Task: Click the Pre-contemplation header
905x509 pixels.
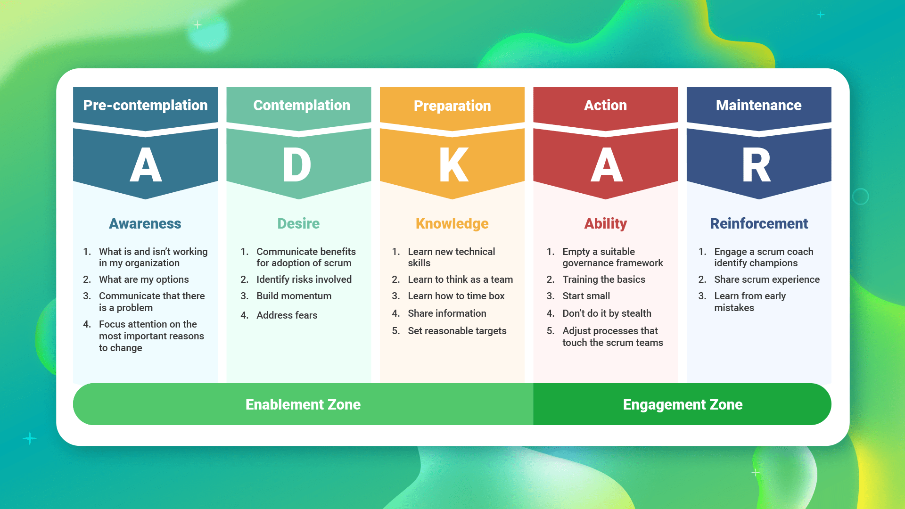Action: coord(145,105)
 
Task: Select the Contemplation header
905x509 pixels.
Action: coord(302,105)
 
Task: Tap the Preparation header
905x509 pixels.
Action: coord(452,106)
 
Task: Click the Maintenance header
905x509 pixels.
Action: coord(758,105)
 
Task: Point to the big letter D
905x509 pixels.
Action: coord(297,165)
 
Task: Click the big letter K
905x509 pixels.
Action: coord(453,165)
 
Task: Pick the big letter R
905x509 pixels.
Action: coord(757,165)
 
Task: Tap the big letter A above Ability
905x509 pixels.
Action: coord(607,165)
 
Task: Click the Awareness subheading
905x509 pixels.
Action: coord(145,223)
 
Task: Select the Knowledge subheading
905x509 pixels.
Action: coord(452,223)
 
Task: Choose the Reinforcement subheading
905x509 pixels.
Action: coord(759,223)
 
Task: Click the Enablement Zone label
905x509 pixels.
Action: coord(303,404)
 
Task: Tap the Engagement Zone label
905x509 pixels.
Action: coord(683,404)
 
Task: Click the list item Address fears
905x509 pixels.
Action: coord(287,315)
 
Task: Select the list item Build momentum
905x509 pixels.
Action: coord(294,296)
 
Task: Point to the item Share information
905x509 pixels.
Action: coord(447,313)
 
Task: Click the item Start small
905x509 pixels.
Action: coord(586,296)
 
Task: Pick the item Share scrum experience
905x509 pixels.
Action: coord(767,279)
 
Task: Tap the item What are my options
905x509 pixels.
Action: coord(144,279)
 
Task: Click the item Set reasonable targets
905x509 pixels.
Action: coord(457,331)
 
